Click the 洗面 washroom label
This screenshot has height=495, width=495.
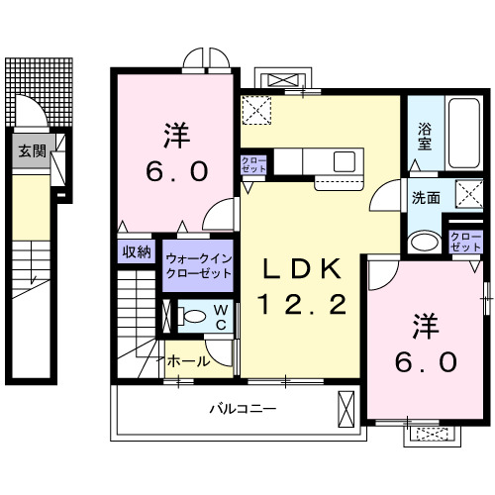427,196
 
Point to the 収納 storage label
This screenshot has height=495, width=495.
137,251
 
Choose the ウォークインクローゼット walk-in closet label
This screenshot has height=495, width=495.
199,264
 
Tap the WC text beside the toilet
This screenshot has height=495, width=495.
221,318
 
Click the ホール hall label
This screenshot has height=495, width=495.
187,361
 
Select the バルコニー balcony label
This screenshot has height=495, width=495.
242,408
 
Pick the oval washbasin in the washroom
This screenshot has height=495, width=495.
425,241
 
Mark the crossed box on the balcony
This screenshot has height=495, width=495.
346,408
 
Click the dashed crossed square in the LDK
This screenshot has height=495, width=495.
256,109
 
